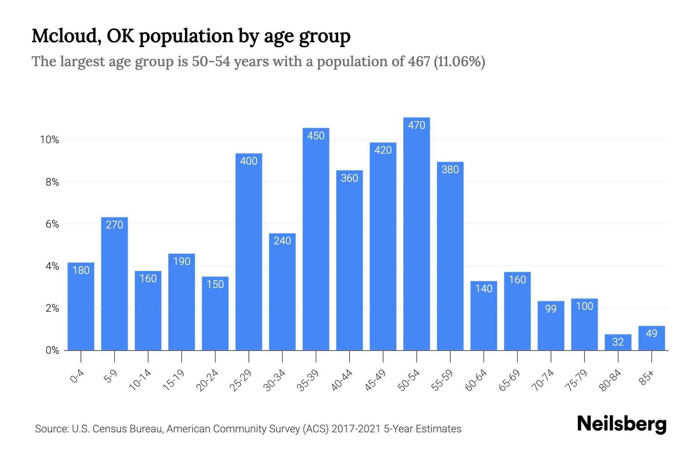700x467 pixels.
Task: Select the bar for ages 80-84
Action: click(618, 342)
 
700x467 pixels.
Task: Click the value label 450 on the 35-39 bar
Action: click(316, 136)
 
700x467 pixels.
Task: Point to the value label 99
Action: click(551, 309)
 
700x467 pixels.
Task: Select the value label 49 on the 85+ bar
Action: click(651, 334)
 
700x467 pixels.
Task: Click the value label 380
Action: click(450, 170)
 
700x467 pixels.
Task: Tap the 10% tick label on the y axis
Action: click(49, 140)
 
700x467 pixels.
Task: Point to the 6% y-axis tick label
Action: click(52, 225)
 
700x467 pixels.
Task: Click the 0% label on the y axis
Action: click(52, 351)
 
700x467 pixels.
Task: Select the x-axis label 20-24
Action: click(207, 380)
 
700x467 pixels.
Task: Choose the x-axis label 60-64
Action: click(476, 380)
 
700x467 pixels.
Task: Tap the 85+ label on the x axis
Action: click(647, 378)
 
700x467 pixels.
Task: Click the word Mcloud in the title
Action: click(64, 36)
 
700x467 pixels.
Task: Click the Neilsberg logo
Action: click(621, 424)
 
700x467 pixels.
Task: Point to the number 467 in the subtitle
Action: click(419, 62)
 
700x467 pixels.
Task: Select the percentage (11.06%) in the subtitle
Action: click(459, 62)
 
